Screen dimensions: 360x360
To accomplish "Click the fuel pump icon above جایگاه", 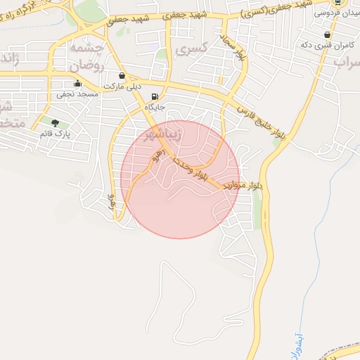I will (154, 97).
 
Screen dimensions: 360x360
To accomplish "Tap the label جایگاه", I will (154, 108).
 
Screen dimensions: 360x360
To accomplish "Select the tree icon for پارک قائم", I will (55, 123).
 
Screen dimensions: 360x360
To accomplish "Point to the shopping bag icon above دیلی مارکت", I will (122, 75).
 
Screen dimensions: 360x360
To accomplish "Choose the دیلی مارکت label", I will (122, 86).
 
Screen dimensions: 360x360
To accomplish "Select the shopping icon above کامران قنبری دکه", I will (327, 34).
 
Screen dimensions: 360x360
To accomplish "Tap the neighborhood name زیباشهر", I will (162, 135).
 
